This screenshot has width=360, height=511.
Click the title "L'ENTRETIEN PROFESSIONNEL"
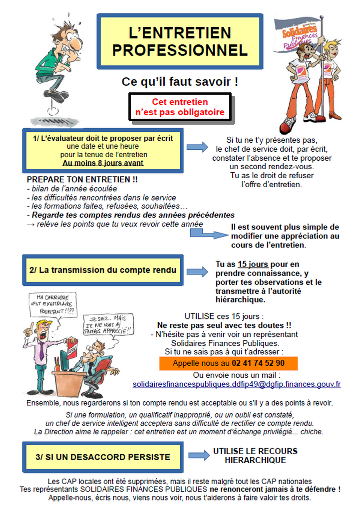(x=180, y=41)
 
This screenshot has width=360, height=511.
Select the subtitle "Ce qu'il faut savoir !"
(x=180, y=81)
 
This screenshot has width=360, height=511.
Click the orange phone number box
(x=228, y=363)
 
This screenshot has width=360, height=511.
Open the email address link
(x=236, y=384)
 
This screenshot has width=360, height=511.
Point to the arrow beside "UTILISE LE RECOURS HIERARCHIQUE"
(x=199, y=455)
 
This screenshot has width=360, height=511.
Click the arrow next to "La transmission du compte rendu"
(x=197, y=271)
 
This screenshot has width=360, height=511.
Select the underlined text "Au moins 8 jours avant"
(x=103, y=163)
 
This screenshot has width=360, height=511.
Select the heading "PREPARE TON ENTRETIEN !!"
(x=82, y=179)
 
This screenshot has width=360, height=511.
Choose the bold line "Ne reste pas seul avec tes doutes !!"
(x=224, y=324)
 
